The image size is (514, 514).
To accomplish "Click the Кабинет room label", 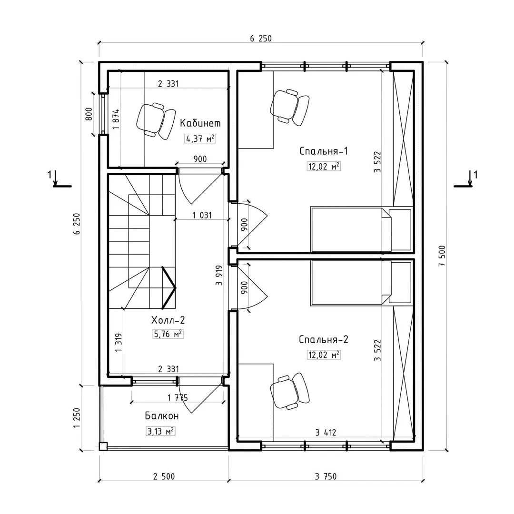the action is pos(200,123).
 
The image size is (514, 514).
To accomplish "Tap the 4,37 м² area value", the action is pos(200,138).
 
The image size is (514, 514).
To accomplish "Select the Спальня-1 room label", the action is pos(324,151).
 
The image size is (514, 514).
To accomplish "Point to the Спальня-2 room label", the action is pos(324,340).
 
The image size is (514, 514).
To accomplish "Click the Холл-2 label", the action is pos(168,320).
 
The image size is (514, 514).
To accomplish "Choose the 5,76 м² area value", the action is pos(168,334).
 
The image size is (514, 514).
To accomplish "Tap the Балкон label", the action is pos(162,416).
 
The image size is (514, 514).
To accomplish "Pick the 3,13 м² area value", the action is pos(160,431).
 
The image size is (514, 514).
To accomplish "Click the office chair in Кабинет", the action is pos(156,120).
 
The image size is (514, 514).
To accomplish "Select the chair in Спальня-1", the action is pos(290,107).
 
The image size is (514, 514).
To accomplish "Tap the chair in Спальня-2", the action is pos(290,391).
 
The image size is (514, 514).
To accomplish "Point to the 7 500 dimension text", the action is pos(443,256).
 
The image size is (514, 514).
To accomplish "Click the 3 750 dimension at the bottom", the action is pos(326,476).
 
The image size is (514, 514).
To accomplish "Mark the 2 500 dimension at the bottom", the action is pos(164,476).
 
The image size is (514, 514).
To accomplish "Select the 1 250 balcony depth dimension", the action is pos(77,418).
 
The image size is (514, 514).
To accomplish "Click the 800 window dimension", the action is pos(89,114).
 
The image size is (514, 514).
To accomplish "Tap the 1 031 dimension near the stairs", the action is pos(202,216).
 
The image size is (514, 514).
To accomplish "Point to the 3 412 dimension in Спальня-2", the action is pos(326,433).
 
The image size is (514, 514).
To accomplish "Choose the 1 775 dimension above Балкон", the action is pos(178,398).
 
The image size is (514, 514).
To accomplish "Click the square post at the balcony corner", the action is pos(103,446).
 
